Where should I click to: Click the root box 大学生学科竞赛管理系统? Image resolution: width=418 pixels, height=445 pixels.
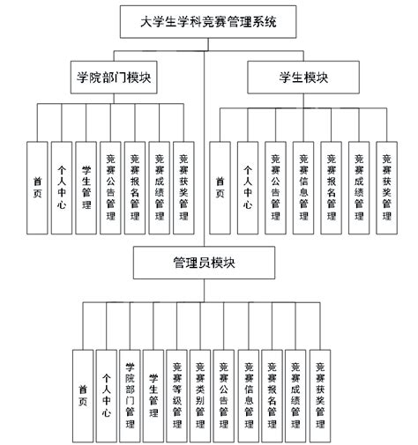pyautogui.click(x=209, y=21)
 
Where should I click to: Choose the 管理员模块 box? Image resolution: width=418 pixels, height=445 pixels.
pyautogui.click(x=208, y=263)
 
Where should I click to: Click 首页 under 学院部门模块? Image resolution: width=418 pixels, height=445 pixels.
pyautogui.click(x=37, y=188)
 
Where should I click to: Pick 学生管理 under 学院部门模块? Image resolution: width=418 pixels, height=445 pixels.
pyautogui.click(x=86, y=188)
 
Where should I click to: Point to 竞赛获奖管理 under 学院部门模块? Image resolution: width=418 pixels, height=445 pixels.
pyautogui.click(x=183, y=188)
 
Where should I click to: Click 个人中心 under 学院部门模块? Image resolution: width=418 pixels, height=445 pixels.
pyautogui.click(x=61, y=188)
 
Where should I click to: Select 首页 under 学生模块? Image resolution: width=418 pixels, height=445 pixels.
pyautogui.click(x=220, y=188)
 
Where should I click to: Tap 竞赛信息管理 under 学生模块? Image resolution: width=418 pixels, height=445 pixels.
pyautogui.click(x=303, y=188)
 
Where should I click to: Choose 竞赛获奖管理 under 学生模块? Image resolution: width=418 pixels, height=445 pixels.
pyautogui.click(x=386, y=188)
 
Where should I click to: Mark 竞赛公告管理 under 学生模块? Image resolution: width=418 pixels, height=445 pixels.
pyautogui.click(x=276, y=188)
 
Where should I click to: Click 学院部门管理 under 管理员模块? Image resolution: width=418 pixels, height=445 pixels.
pyautogui.click(x=130, y=389)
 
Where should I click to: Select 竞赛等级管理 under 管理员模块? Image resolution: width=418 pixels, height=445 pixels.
pyautogui.click(x=177, y=389)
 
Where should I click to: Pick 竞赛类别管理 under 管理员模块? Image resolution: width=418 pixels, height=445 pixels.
pyautogui.click(x=201, y=389)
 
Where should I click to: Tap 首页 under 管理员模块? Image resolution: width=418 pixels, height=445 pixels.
pyautogui.click(x=82, y=389)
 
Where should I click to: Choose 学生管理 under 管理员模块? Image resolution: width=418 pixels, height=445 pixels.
pyautogui.click(x=153, y=389)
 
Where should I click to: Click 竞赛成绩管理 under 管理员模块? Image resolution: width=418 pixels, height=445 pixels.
pyautogui.click(x=295, y=389)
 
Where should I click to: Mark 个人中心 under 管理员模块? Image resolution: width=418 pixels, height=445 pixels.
pyautogui.click(x=106, y=389)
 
